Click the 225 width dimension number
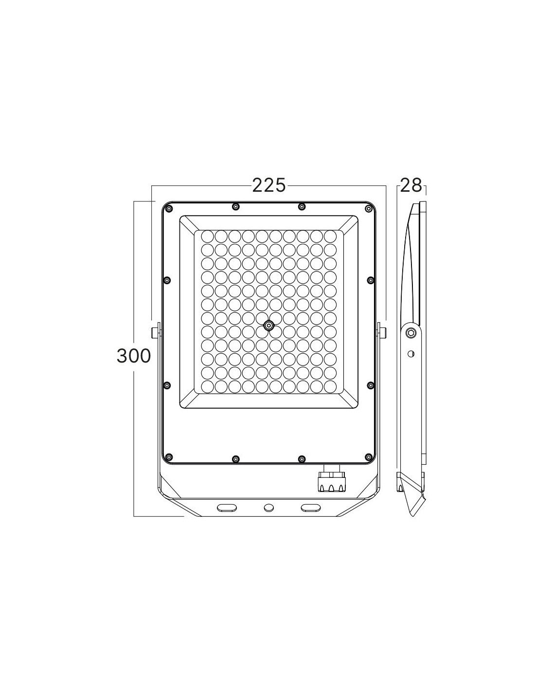[269, 186]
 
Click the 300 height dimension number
[133, 356]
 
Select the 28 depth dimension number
[411, 186]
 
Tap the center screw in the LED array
[269, 325]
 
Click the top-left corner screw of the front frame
[169, 209]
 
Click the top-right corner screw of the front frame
[369, 209]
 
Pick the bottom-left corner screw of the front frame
[169, 457]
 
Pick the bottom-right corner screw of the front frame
[369, 457]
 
